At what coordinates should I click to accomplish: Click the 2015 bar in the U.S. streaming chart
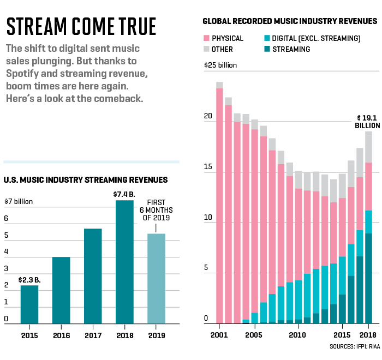[29, 304]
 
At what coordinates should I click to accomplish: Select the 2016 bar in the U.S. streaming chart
[61, 290]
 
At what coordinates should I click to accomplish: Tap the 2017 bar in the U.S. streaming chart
[93, 275]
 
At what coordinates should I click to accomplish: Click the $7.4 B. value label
[124, 194]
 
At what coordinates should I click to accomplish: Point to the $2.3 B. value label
[29, 279]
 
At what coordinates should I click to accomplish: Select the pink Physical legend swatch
[207, 39]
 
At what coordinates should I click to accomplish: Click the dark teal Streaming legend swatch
[267, 49]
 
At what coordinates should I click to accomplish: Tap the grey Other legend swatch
[207, 49]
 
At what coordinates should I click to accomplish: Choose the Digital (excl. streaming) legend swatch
[267, 39]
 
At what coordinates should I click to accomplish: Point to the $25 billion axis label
[221, 65]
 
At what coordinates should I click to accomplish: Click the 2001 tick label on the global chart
[219, 334]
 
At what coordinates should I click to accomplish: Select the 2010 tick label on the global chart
[297, 334]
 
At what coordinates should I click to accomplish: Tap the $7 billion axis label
[19, 201]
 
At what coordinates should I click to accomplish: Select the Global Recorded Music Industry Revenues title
[290, 21]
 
